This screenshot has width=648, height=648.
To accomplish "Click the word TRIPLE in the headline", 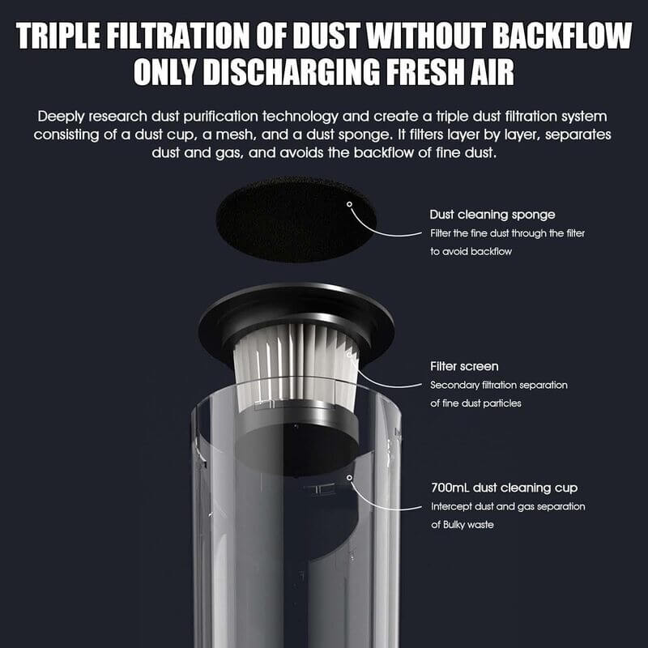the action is (x=58, y=36).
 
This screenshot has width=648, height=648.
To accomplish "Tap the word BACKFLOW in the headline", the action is (x=562, y=36).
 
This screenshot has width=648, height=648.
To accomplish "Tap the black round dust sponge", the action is (x=296, y=220).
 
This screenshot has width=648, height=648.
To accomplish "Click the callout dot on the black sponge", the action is (x=349, y=204).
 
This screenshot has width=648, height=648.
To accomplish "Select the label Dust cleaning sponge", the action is (x=492, y=215).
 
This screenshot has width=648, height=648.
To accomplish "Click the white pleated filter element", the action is (x=295, y=363).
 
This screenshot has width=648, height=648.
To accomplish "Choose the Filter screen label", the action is (x=464, y=366).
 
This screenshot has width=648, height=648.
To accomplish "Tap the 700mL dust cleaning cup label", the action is (x=504, y=488).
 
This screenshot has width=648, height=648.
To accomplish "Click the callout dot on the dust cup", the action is (x=350, y=478).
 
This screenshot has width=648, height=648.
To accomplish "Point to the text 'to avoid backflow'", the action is (x=471, y=251).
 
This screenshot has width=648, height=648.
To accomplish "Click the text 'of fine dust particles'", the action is (x=475, y=403).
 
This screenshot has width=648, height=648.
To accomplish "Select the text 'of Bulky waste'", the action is (x=463, y=525).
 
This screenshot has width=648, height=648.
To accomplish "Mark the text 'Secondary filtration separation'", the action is (x=499, y=386).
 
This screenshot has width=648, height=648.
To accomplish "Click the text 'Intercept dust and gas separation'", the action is (x=508, y=507).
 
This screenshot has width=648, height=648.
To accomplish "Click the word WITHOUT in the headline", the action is (x=426, y=36).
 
